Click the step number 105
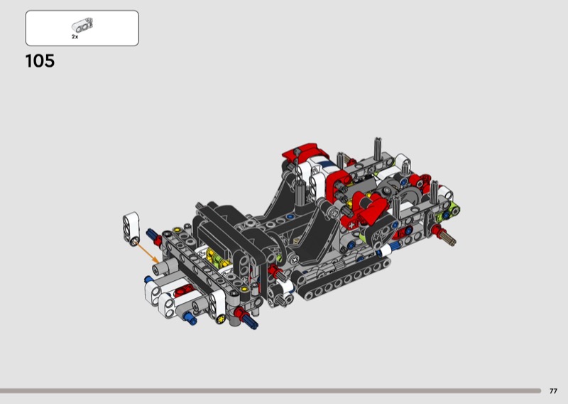click(x=40, y=61)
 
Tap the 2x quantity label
click(x=75, y=37)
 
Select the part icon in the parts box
click(x=82, y=25)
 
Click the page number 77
click(x=553, y=391)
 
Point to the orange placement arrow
click(x=148, y=253)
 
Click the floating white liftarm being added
click(x=131, y=229)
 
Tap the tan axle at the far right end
click(x=449, y=238)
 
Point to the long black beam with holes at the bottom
click(x=342, y=280)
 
